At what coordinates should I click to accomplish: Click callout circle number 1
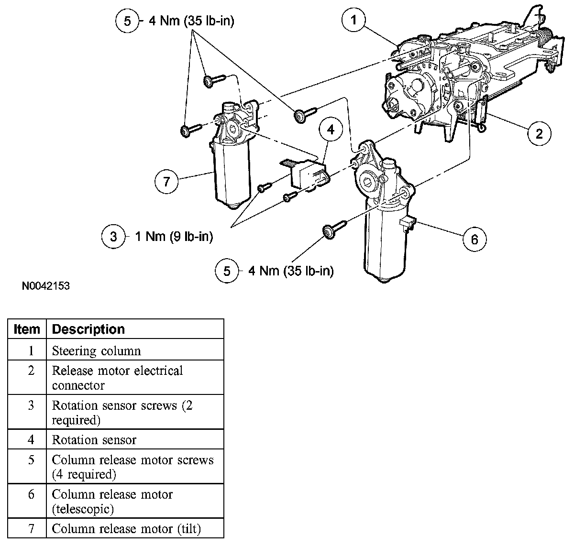(353, 20)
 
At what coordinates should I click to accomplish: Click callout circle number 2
(539, 133)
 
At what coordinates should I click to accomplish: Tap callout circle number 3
(113, 237)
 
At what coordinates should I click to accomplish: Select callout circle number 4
(331, 129)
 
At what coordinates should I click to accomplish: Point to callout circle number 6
(475, 239)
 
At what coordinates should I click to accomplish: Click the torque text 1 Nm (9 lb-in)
(174, 237)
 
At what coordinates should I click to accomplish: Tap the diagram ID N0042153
(46, 286)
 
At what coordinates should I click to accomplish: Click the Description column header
(88, 329)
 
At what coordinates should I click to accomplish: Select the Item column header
(27, 329)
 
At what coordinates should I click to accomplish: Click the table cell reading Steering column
(96, 351)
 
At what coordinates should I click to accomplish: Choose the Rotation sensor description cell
(94, 440)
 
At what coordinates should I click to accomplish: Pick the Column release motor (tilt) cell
(126, 529)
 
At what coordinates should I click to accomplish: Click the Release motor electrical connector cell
(117, 378)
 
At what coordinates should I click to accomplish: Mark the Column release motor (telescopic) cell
(112, 501)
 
